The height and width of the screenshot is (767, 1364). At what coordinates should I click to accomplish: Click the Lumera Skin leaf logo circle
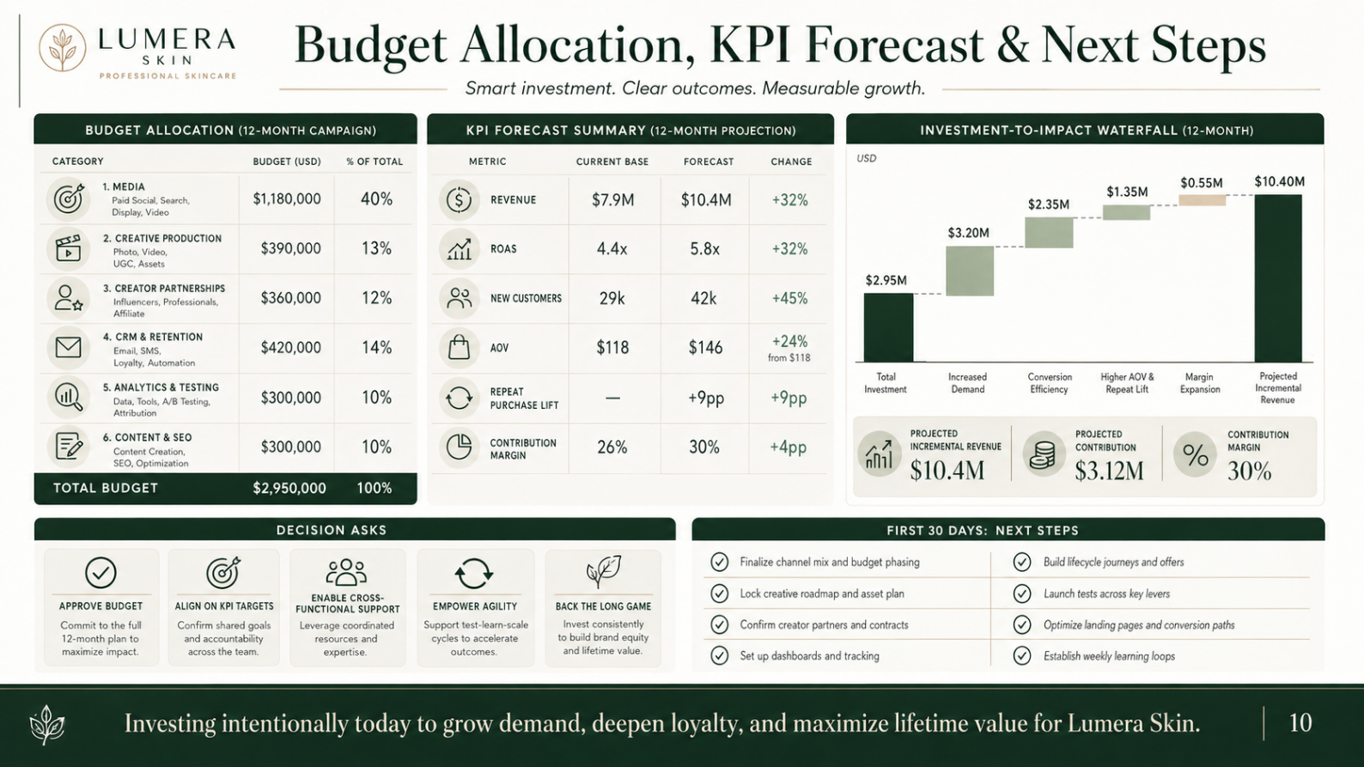click(x=62, y=48)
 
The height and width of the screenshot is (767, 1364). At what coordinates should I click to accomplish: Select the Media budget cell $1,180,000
click(x=287, y=199)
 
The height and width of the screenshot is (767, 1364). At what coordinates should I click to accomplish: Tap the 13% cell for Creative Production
click(x=376, y=248)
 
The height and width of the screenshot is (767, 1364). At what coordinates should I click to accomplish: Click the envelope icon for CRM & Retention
click(x=68, y=348)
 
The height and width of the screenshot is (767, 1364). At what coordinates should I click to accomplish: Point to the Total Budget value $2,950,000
click(x=289, y=488)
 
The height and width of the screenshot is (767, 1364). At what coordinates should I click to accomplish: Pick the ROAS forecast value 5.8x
click(x=704, y=249)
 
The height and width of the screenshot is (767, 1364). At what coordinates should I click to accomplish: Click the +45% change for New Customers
click(x=789, y=298)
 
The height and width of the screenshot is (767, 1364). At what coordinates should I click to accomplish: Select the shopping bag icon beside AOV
click(x=459, y=347)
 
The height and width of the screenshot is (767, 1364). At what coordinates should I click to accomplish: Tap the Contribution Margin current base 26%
click(x=612, y=447)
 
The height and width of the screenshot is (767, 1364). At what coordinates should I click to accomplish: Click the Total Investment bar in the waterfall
click(x=888, y=327)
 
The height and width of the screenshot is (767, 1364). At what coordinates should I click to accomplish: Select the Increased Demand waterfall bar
click(x=970, y=271)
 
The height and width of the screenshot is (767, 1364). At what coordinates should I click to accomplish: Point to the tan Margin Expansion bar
click(x=1202, y=200)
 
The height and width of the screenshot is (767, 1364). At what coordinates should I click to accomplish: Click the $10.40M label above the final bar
click(x=1279, y=181)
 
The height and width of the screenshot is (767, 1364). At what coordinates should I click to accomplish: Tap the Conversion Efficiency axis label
click(x=1049, y=383)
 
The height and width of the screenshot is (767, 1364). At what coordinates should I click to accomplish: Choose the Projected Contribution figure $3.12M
click(x=1109, y=471)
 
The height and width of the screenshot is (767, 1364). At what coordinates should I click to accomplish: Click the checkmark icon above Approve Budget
click(x=100, y=572)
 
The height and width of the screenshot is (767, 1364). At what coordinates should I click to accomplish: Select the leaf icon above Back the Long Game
click(x=603, y=571)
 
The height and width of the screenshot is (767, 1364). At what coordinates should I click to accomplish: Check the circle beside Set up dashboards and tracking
click(x=719, y=655)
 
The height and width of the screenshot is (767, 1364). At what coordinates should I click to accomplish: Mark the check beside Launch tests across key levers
click(x=1022, y=594)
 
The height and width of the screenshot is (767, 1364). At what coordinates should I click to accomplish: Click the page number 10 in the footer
click(x=1300, y=723)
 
